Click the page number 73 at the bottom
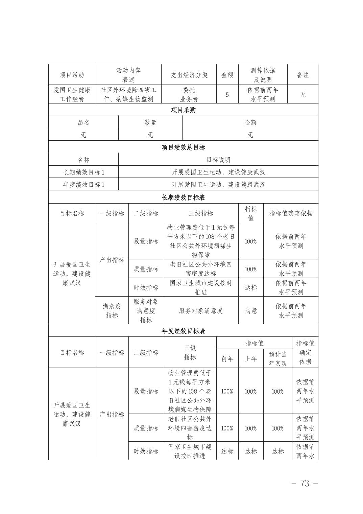click(305, 483)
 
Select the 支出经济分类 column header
click(189, 75)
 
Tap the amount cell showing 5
click(227, 95)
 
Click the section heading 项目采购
click(183, 110)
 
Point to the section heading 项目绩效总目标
click(183, 147)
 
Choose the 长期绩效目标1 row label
click(83, 172)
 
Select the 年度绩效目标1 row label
click(83, 185)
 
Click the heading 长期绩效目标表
click(183, 197)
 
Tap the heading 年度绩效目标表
click(183, 331)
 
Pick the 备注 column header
click(302, 75)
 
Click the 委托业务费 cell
click(189, 95)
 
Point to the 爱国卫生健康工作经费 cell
click(72, 95)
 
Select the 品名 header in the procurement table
click(83, 122)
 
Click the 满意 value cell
click(250, 311)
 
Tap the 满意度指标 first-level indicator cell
click(112, 311)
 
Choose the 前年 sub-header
click(227, 359)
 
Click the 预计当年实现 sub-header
click(277, 359)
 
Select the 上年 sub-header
click(250, 359)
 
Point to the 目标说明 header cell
click(218, 160)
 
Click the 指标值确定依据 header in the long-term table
click(291, 213)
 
